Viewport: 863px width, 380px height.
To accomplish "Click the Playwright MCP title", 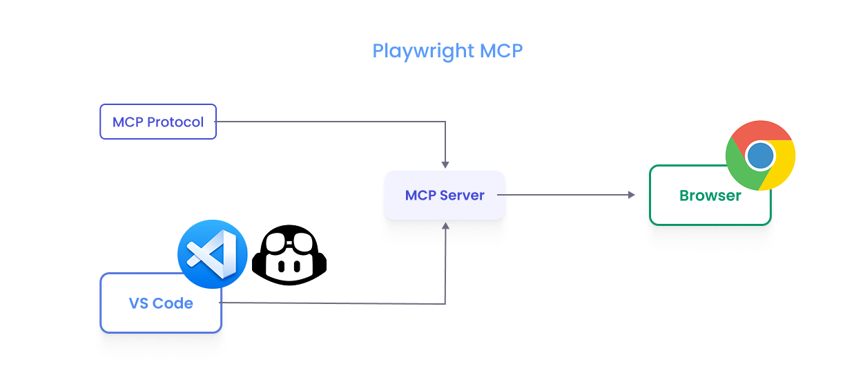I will pos(447,51).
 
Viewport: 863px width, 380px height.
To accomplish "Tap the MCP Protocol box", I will pos(158,122).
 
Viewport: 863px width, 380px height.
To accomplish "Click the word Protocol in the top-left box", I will pos(175,122).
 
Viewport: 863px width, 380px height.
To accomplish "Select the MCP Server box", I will pos(445,196).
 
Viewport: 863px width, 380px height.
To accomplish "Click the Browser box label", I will pos(710,196).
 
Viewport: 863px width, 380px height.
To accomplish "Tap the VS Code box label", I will pos(161,303).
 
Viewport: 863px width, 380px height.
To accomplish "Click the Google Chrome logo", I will pos(760,155).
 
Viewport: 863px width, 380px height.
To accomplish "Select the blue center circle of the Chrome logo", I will pos(760,155).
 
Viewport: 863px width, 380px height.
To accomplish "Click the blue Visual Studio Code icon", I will pos(213,254).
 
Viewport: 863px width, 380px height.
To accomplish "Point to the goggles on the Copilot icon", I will pos(289,243).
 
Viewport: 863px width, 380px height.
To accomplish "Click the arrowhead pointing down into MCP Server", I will pos(445,164).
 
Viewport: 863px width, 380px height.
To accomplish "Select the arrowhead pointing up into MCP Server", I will pos(445,226).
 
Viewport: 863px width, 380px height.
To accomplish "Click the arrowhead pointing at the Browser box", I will pos(631,195).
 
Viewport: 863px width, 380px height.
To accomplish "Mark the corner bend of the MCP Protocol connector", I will pos(445,122).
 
